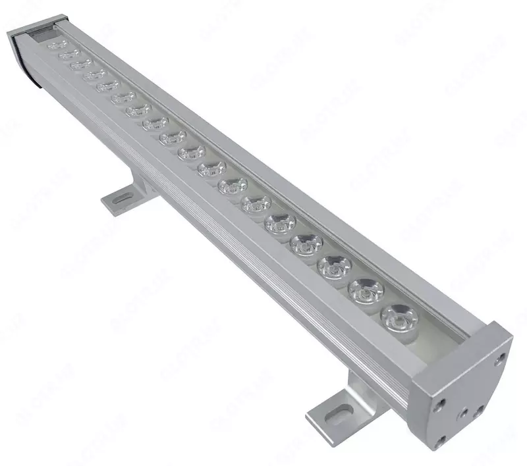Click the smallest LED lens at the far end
coord(56,45)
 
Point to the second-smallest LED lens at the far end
coord(68,55)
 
